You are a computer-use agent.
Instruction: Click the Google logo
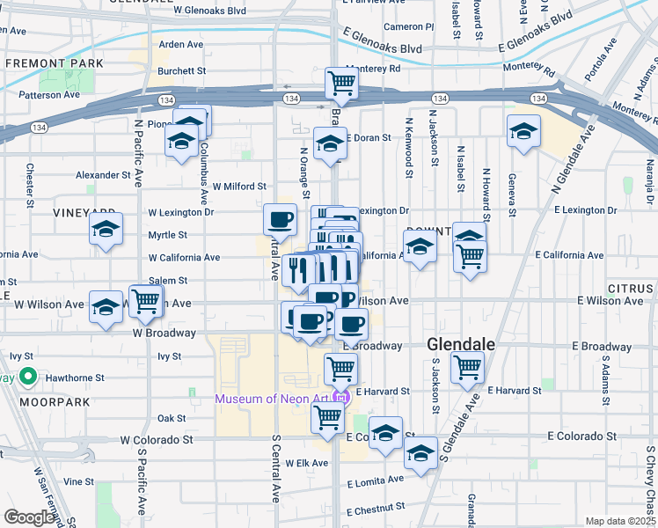(x=30, y=517)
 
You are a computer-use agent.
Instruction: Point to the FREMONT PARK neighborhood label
(x=54, y=64)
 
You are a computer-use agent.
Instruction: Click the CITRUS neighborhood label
(x=632, y=289)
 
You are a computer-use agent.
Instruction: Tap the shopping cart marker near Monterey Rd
(x=341, y=84)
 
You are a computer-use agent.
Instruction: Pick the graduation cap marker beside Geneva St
(x=523, y=131)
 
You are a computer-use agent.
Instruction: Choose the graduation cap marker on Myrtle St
(x=106, y=230)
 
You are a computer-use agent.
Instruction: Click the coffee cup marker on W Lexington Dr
(x=281, y=218)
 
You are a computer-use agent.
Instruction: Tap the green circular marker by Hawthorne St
(x=28, y=378)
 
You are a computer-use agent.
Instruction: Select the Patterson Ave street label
(x=49, y=94)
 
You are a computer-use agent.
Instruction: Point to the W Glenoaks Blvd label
(x=209, y=11)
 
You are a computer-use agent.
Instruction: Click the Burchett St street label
(x=182, y=70)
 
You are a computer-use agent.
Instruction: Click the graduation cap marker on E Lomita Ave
(x=420, y=453)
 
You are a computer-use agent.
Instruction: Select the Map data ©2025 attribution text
(x=620, y=521)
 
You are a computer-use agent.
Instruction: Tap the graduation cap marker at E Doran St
(x=330, y=144)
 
